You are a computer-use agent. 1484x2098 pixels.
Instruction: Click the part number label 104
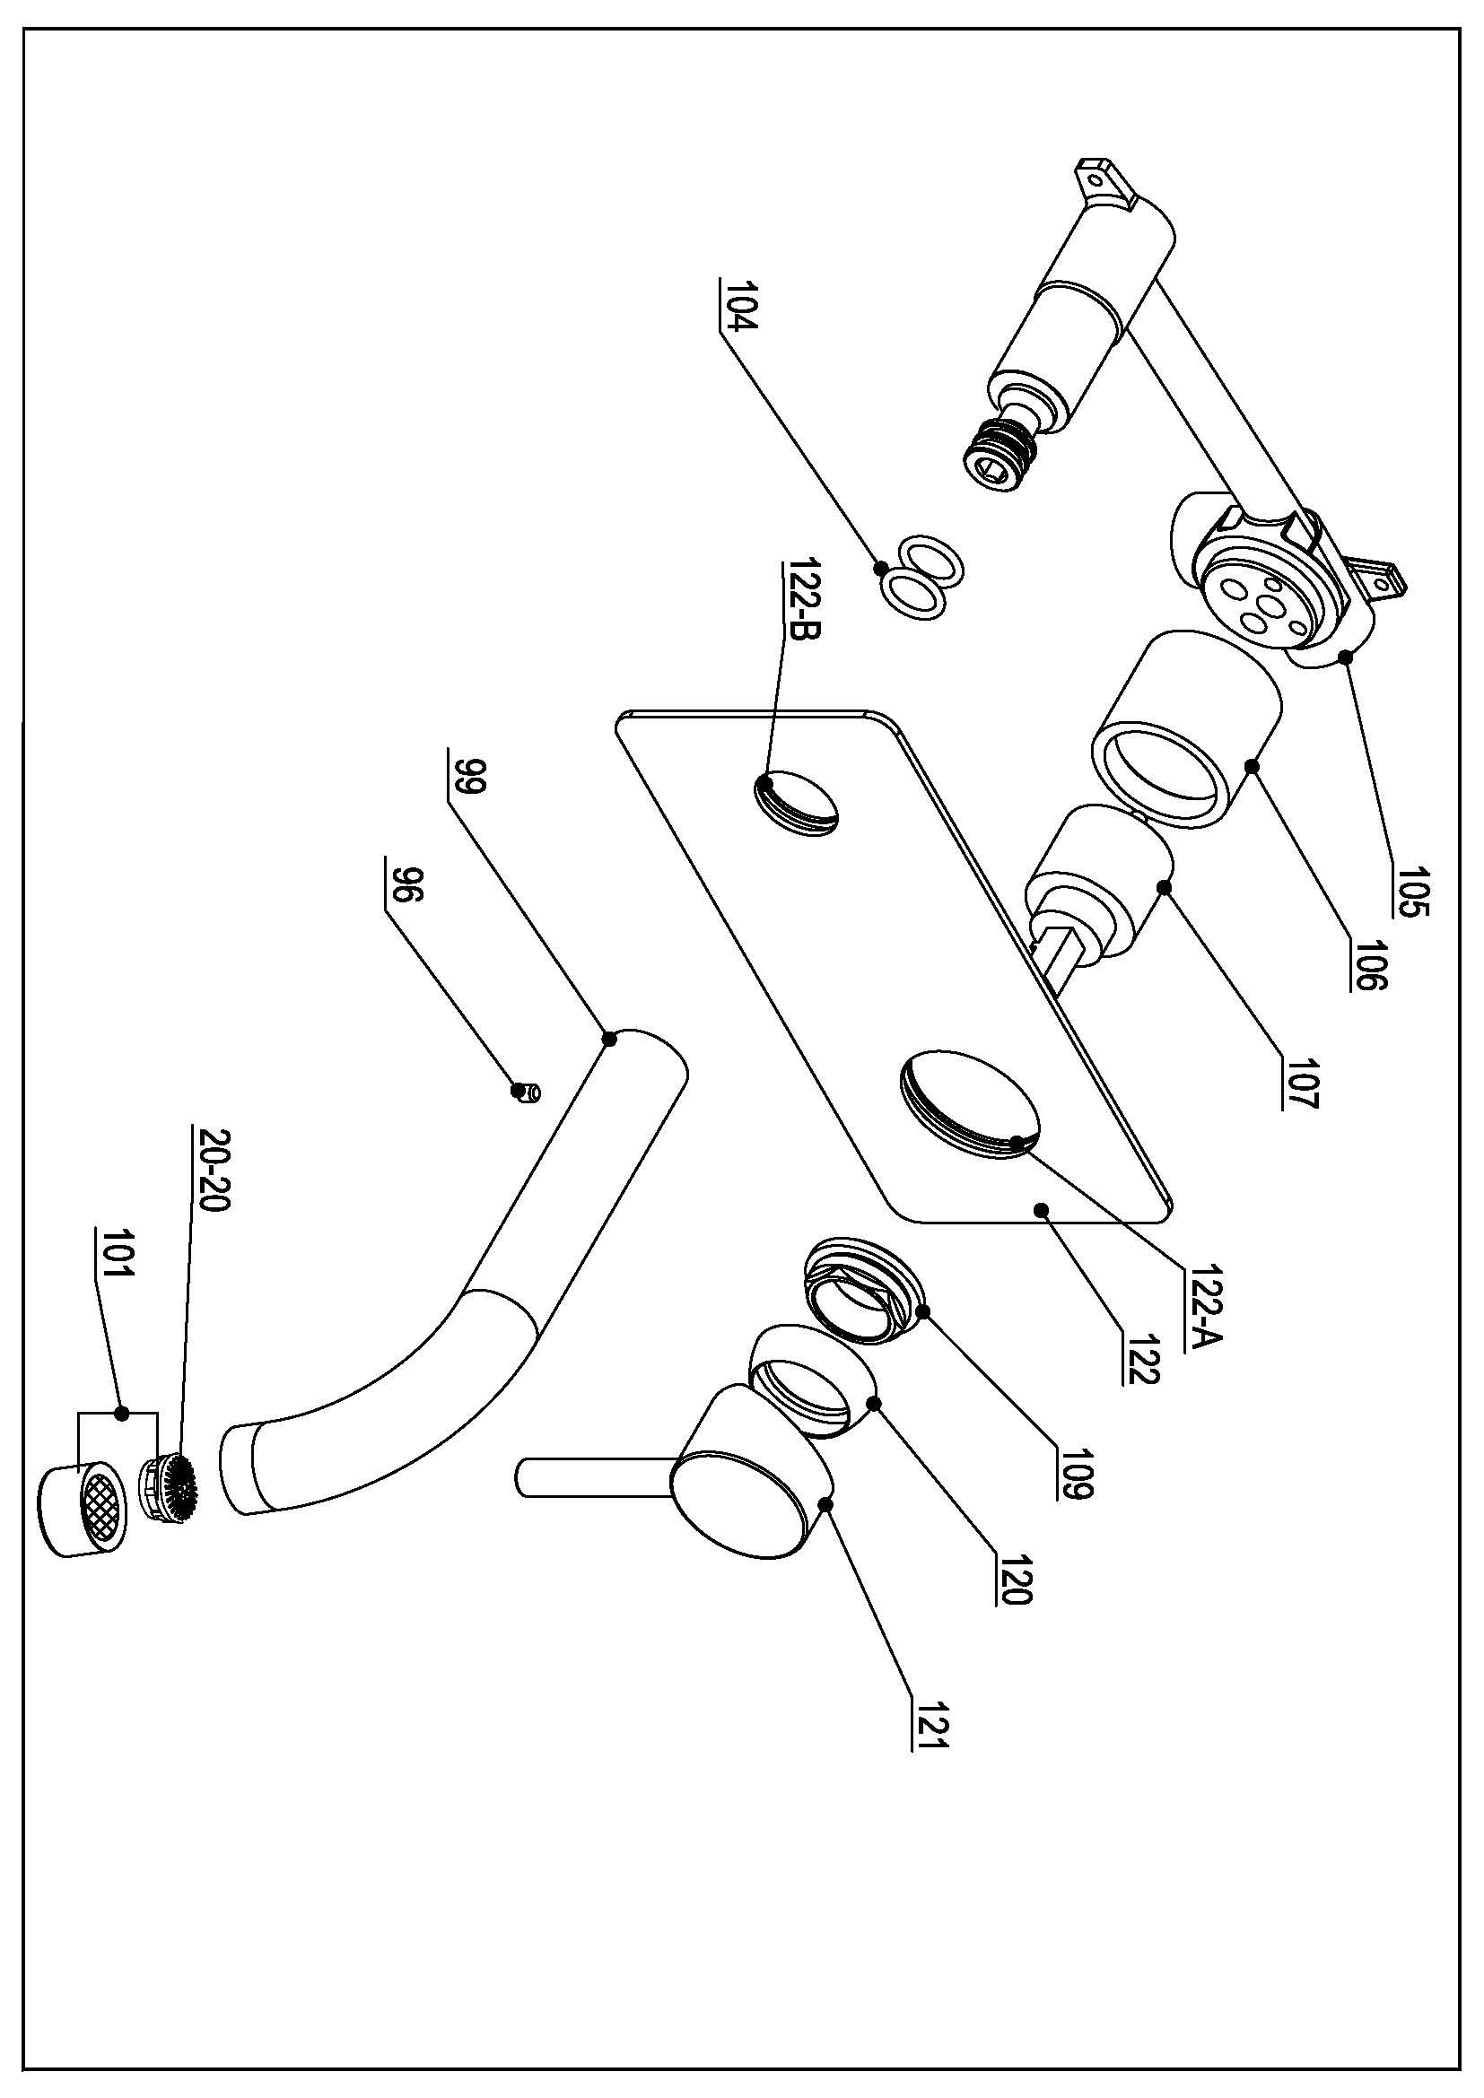click(x=737, y=310)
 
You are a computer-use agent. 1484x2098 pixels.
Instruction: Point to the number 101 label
click(x=113, y=1258)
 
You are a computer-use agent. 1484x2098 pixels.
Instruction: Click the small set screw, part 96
click(x=527, y=1091)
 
